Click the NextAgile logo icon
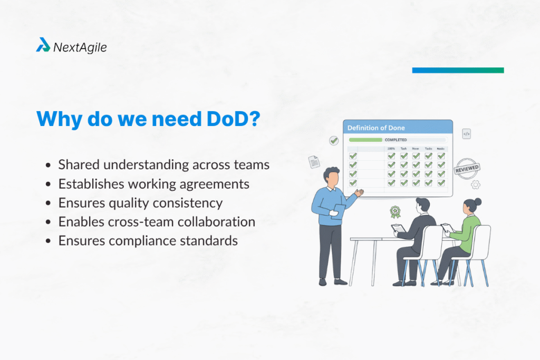pyautogui.click(x=43, y=45)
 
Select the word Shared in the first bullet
pyautogui.click(x=79, y=164)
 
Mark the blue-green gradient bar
pyautogui.click(x=458, y=70)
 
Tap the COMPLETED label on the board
pyautogui.click(x=396, y=140)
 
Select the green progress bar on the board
pyautogui.click(x=365, y=140)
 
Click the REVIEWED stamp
pyautogui.click(x=468, y=169)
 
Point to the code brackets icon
pyautogui.click(x=466, y=134)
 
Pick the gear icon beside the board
pyautogui.click(x=475, y=184)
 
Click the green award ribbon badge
pyautogui.click(x=395, y=212)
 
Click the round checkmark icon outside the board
pyautogui.click(x=334, y=141)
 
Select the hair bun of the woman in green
pyautogui.click(x=478, y=201)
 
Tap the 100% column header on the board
pyautogui.click(x=391, y=149)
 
